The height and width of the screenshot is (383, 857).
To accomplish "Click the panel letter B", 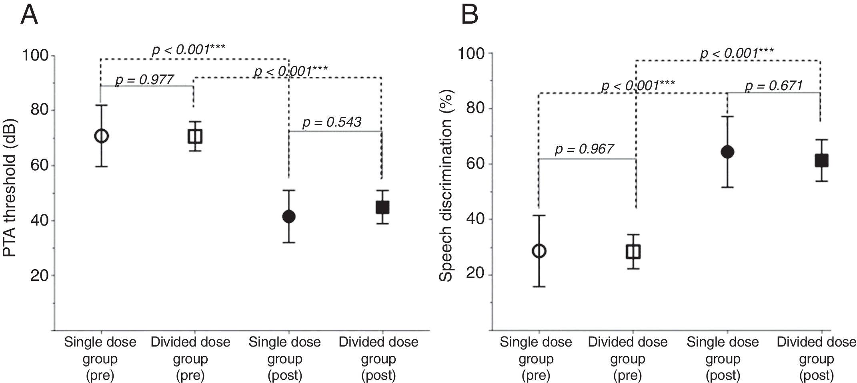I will (469, 15).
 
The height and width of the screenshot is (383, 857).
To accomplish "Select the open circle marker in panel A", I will (101, 136).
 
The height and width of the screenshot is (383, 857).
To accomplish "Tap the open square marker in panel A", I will (195, 137).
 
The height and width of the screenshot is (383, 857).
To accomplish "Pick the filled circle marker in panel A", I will (289, 217).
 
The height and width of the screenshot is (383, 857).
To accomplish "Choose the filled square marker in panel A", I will (382, 208).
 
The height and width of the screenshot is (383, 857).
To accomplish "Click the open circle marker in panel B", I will (539, 251).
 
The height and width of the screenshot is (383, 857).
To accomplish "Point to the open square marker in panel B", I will (633, 252).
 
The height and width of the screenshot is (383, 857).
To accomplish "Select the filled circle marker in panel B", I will (727, 152).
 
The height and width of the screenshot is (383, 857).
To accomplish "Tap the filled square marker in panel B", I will (821, 161).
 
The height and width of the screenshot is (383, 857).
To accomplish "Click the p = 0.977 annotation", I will (144, 80).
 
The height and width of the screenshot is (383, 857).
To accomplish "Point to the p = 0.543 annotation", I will (332, 123).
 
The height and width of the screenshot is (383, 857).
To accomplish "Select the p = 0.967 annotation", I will (584, 149).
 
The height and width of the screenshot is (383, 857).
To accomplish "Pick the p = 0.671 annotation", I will (774, 86).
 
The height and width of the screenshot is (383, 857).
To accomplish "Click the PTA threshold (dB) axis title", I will (10, 188).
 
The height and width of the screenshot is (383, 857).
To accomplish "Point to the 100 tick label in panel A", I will (38, 55).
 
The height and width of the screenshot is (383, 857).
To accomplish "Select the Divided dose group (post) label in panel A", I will (378, 359).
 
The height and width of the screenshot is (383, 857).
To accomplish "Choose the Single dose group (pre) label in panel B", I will (536, 359).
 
